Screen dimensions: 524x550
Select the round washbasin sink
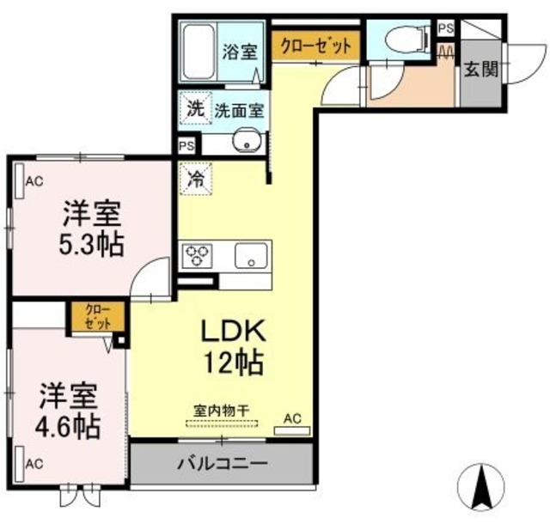[248, 143]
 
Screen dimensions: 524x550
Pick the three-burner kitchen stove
[197, 255]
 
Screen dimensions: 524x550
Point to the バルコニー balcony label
[222, 464]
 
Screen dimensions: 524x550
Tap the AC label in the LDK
[292, 418]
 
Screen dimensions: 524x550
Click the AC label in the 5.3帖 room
[34, 180]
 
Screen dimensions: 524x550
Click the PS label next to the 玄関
[445, 28]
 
